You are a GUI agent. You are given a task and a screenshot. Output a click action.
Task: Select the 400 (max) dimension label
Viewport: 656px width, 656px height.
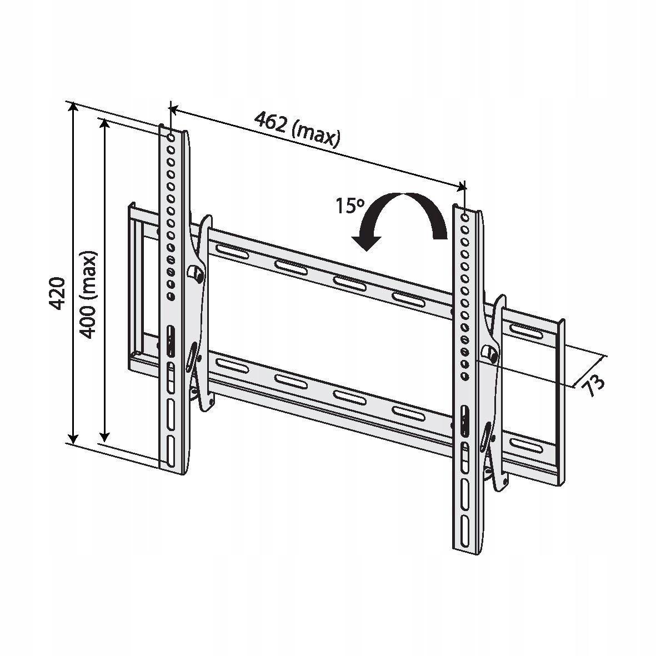(x=89, y=294)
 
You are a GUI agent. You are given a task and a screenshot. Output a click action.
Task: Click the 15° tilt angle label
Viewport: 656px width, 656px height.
(x=350, y=206)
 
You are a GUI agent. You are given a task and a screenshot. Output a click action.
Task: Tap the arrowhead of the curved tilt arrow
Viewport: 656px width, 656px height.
(x=366, y=243)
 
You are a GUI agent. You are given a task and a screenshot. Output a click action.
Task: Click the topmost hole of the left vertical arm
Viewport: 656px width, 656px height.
(x=171, y=137)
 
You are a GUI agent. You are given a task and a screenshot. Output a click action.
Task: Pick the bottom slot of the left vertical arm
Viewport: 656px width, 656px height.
(x=171, y=452)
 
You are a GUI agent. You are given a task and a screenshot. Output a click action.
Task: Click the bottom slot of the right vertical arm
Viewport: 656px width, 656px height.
(x=465, y=532)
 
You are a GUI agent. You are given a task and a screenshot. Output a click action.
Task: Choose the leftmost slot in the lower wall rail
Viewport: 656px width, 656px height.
(x=232, y=365)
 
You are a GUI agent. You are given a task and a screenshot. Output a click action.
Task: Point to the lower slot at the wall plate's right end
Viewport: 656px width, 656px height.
(x=527, y=446)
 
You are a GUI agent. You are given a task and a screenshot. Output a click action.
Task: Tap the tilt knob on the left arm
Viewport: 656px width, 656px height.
(x=196, y=272)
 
